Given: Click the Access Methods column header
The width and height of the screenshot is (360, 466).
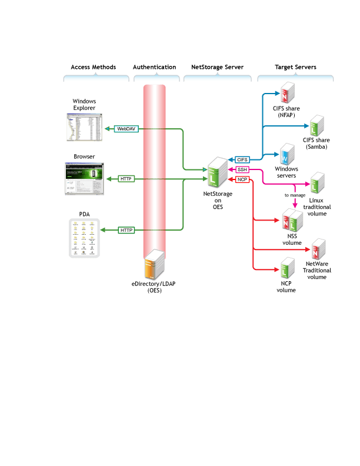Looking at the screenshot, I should pos(93,67).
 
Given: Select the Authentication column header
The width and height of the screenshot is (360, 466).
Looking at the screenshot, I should pos(154,67).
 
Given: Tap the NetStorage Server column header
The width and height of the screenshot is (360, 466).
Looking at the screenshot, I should pos(218,67).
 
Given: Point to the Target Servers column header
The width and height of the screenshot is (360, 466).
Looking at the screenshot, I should pos(295,67).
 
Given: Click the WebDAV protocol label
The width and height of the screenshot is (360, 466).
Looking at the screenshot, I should pos(126,128).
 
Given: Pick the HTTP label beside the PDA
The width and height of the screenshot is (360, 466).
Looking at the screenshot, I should pos(126,230).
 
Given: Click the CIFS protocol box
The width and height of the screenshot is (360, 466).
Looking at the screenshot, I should pos(242,159).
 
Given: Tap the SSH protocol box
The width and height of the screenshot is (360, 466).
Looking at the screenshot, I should pos(242,169).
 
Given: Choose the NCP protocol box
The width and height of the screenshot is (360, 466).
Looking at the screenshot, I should pos(242,179).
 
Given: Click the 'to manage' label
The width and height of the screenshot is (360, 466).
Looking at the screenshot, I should pos(295,194).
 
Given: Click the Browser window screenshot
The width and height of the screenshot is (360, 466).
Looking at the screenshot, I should pos(84,178).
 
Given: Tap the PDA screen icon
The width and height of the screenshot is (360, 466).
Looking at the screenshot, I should pos(84,238).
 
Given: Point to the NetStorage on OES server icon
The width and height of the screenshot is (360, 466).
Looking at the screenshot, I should pos(218,171).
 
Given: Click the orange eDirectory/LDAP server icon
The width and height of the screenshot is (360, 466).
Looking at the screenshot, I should pos(154,264).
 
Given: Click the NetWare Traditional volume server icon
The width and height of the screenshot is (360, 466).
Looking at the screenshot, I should pos(318,249).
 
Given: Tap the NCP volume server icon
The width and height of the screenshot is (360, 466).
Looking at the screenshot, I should pos(287,268).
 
